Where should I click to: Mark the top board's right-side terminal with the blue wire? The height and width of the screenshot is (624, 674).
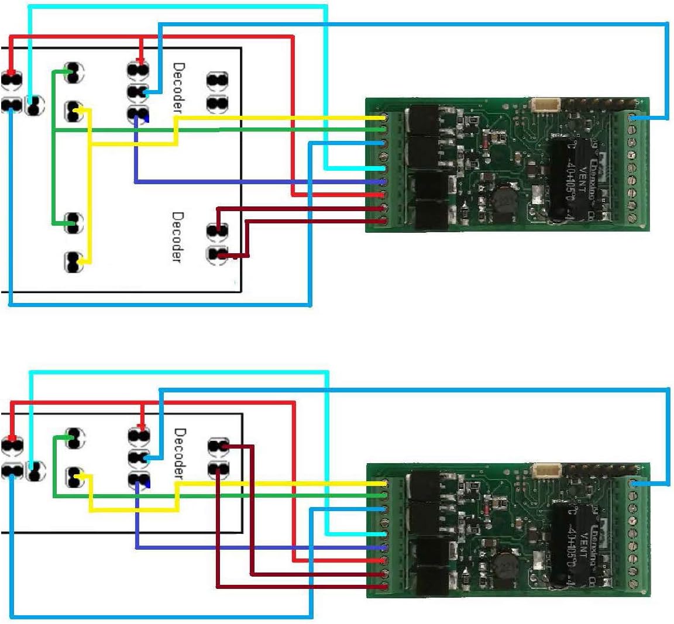(x=632, y=118)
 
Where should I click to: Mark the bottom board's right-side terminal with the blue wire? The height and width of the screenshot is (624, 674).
(x=633, y=484)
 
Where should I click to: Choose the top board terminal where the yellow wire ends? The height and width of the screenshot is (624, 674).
(x=383, y=118)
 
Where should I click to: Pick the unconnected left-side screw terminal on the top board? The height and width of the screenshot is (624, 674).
(x=383, y=156)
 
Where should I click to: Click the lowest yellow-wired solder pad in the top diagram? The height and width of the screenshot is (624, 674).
(x=73, y=261)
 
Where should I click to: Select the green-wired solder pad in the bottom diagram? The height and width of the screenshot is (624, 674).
(x=74, y=436)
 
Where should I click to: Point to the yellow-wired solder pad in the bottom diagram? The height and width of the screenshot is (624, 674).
(x=74, y=477)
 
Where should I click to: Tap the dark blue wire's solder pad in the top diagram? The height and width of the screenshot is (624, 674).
(x=138, y=114)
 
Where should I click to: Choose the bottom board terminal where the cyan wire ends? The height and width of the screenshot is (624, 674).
(x=384, y=535)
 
